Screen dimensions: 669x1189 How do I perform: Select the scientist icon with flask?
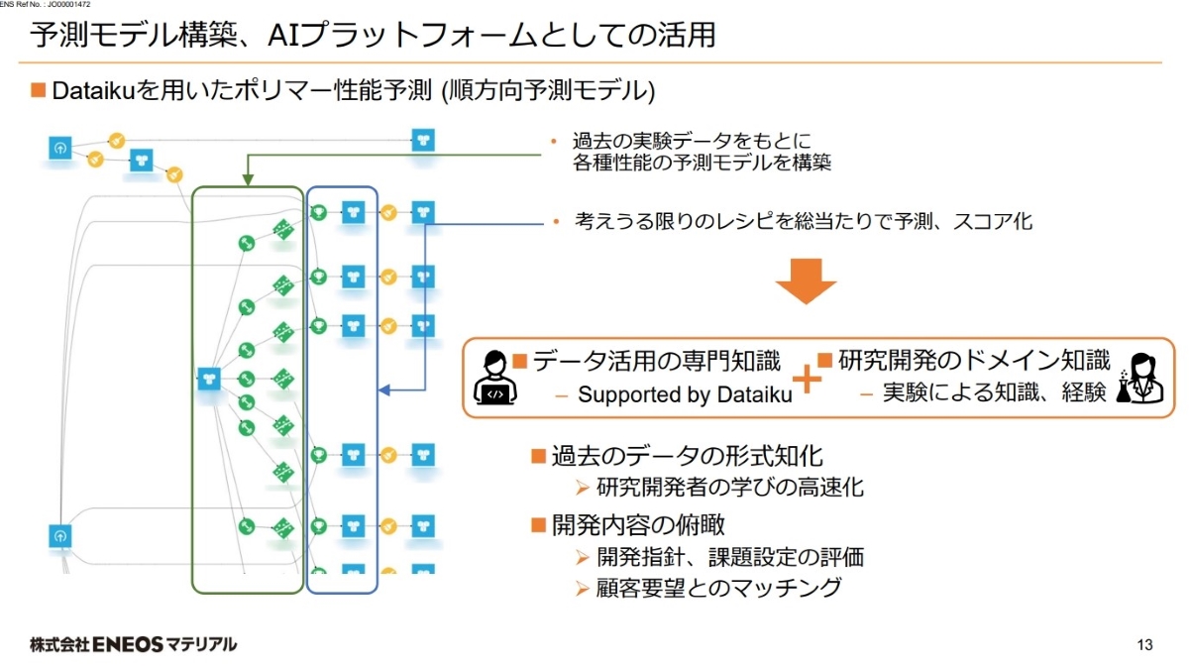[x=1137, y=378]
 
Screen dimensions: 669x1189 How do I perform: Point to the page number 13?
[x=1145, y=646]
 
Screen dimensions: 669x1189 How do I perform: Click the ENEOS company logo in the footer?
[x=134, y=644]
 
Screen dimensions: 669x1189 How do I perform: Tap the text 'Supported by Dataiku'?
[x=685, y=394]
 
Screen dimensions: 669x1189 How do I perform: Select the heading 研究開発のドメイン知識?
[x=974, y=361]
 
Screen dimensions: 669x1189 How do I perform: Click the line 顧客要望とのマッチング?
[x=720, y=588]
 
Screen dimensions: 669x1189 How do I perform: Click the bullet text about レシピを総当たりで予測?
[x=804, y=221]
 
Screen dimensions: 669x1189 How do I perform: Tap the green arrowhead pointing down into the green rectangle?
[x=246, y=180]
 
